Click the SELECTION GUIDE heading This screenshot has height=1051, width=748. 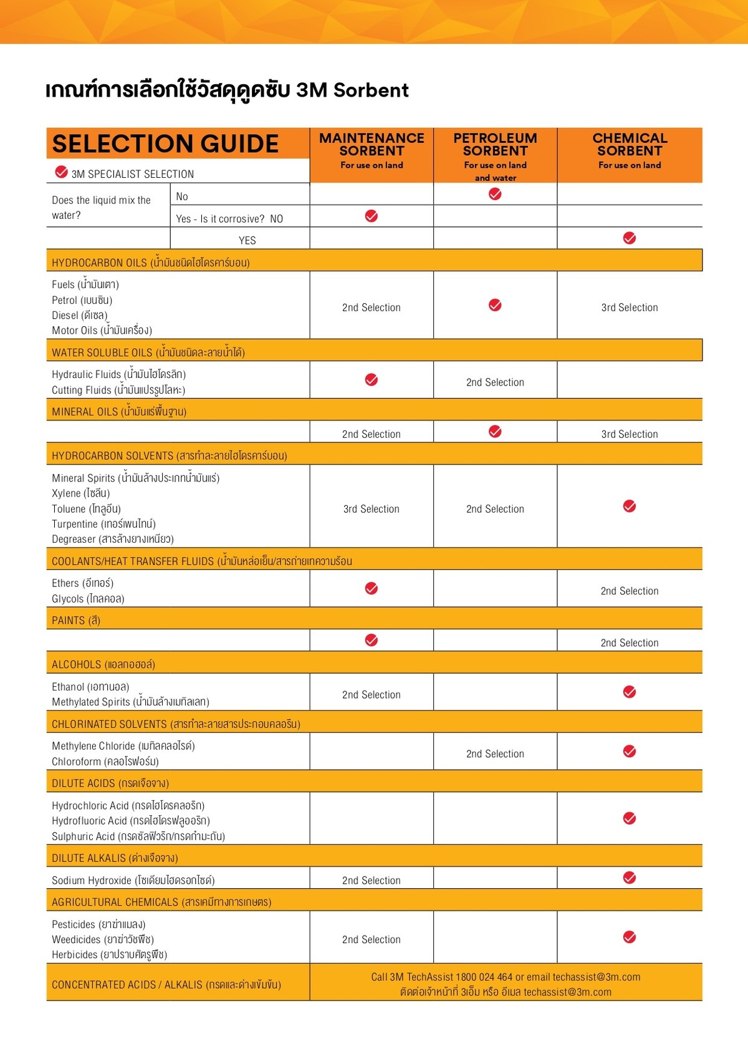[x=165, y=144]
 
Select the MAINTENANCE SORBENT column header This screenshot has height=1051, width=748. [x=372, y=145]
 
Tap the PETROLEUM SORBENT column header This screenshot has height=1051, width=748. [x=495, y=145]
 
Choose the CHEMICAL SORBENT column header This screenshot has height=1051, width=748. [x=630, y=145]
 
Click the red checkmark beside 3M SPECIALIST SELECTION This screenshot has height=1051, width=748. [x=61, y=172]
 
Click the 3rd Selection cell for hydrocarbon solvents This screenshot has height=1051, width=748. [x=372, y=509]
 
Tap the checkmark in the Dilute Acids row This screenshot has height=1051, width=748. [x=630, y=818]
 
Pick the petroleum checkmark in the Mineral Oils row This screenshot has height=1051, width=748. [x=495, y=432]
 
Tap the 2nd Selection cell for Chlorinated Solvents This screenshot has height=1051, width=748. [x=495, y=753]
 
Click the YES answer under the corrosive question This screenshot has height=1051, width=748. [x=247, y=240]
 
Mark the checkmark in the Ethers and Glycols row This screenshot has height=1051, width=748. [x=372, y=588]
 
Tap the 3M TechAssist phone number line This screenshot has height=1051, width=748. [x=506, y=977]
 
